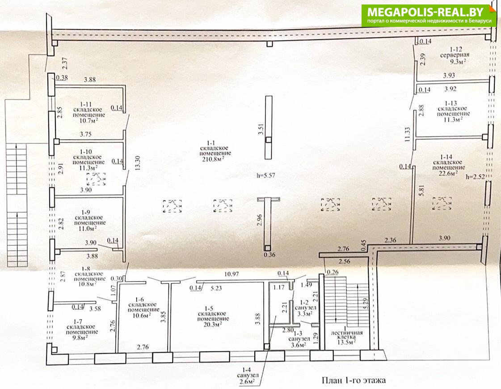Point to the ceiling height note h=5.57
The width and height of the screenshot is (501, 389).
[265, 175]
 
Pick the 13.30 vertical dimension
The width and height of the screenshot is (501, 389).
[138, 163]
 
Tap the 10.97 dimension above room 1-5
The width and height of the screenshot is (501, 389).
[232, 274]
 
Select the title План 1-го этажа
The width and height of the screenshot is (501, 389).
[354, 380]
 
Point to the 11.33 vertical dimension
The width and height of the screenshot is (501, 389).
[407, 134]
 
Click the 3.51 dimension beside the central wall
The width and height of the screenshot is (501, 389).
[261, 128]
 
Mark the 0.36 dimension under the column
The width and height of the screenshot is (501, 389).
[269, 255]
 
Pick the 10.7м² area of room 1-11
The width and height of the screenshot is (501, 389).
[88, 120]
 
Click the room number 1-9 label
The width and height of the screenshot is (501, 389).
[86, 213]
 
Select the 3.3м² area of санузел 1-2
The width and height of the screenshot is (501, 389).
[304, 313]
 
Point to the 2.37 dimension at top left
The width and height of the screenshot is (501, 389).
[65, 63]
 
